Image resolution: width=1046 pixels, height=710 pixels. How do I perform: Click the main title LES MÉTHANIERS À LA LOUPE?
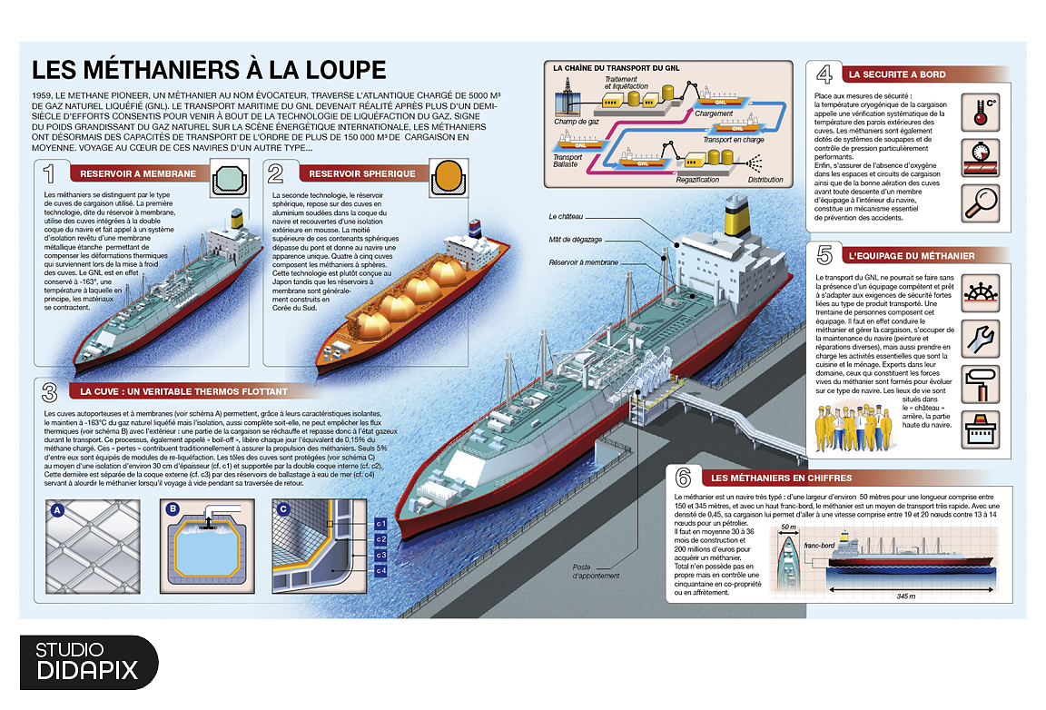(x=209, y=71)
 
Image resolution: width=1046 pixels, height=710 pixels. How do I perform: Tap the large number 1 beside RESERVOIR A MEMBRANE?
(x=54, y=173)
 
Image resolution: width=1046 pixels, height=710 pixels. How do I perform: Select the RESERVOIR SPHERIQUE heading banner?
(x=361, y=173)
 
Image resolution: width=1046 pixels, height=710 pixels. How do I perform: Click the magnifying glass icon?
(x=979, y=201)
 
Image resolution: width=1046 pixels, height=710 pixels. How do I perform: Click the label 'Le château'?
(x=566, y=218)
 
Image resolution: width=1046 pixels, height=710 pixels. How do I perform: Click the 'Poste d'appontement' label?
(x=596, y=571)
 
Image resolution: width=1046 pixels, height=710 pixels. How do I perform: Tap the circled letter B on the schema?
(x=173, y=509)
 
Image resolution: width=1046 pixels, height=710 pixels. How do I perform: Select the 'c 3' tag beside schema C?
(x=381, y=555)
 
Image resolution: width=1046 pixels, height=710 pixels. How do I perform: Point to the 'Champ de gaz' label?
(x=576, y=121)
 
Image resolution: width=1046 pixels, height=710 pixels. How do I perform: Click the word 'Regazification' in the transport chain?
(x=697, y=180)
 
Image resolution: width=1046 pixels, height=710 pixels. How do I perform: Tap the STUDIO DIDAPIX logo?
(x=87, y=661)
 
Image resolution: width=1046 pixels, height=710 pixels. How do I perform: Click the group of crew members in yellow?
(x=853, y=428)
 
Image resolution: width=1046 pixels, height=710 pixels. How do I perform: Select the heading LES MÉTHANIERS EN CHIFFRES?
(x=781, y=478)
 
